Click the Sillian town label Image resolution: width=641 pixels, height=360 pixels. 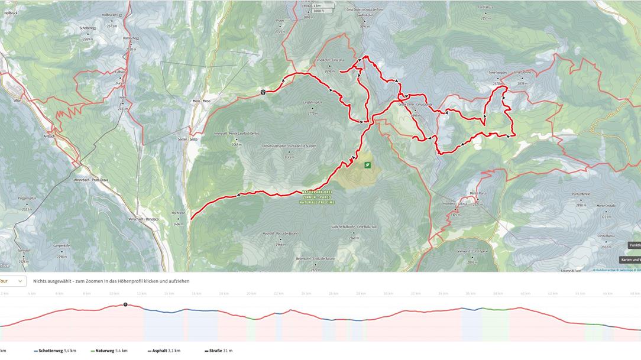17,100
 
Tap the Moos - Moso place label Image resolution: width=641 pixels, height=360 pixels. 201,101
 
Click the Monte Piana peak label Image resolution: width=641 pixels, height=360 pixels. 477,193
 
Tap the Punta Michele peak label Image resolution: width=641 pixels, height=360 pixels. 581,194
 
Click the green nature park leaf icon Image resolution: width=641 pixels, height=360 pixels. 368,166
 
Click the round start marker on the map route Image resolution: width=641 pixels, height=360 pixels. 263,92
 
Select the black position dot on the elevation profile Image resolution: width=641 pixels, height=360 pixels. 125,304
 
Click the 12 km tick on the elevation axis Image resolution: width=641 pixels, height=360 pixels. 141,294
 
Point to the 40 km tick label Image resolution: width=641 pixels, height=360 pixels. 524,294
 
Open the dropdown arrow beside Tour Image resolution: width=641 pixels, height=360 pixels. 20,281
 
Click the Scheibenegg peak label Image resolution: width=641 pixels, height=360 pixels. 88,28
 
